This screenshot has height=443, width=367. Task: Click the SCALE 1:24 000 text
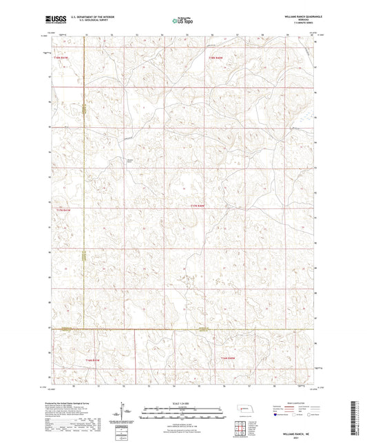tap(183, 404)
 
